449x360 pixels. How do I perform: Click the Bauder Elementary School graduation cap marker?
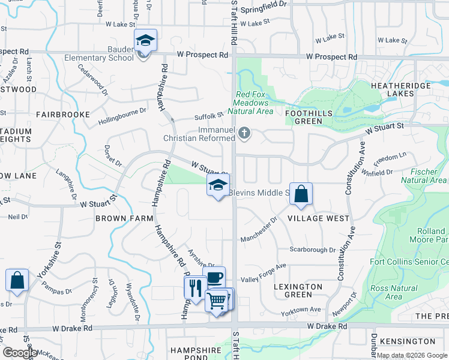145,40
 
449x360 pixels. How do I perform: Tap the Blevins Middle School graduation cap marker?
218,185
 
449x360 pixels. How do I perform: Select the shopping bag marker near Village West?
301,194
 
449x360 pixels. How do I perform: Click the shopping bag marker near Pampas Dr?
17,280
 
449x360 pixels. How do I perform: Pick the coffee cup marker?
214,278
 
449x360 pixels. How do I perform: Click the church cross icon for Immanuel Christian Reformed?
244,133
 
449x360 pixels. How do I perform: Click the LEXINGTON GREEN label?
298,290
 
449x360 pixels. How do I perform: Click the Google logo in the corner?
19,353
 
